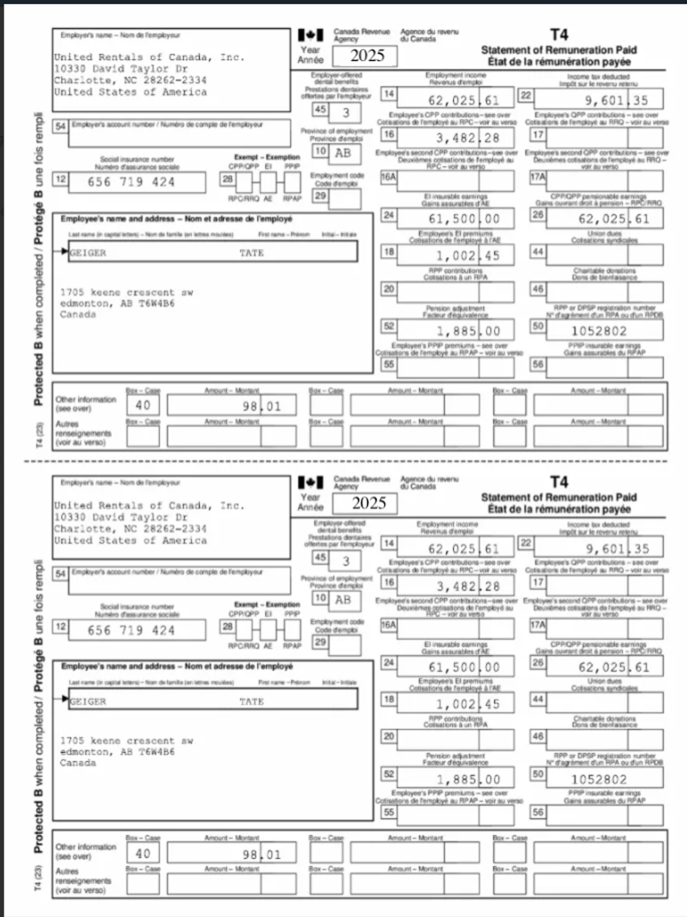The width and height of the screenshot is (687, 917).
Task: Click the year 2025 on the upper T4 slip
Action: pyautogui.click(x=367, y=56)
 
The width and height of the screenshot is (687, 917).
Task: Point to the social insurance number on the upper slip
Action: pyautogui.click(x=131, y=182)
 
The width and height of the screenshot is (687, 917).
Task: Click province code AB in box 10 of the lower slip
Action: pyautogui.click(x=343, y=600)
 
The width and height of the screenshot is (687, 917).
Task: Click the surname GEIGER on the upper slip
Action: pyautogui.click(x=88, y=253)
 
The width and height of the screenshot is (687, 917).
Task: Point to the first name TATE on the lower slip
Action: pyautogui.click(x=251, y=701)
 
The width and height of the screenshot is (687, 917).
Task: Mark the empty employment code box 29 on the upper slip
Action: pyautogui.click(x=345, y=199)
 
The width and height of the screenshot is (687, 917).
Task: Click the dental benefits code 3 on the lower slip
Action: pyautogui.click(x=346, y=561)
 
